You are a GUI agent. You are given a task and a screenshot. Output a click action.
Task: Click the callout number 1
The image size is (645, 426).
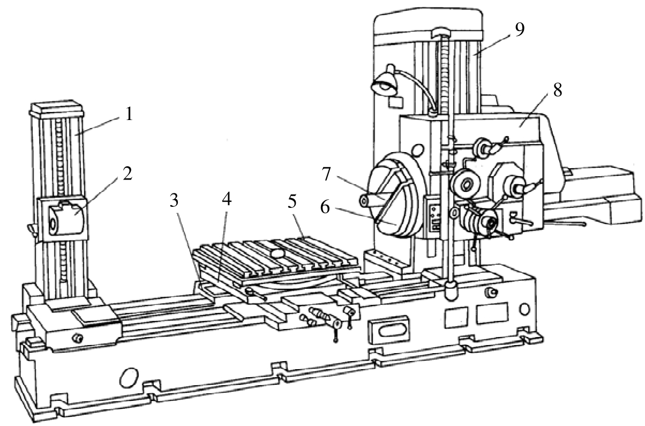click(129, 114)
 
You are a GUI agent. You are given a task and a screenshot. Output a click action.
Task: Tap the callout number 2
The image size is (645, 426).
click(127, 174)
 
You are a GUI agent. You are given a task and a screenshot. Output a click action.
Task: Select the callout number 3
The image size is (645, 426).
click(174, 200)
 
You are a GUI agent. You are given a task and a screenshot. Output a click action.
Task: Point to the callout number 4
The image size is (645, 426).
click(227, 199)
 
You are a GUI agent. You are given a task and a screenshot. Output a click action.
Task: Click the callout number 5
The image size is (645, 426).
click(292, 201)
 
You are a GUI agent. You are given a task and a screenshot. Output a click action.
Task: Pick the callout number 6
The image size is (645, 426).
click(325, 207)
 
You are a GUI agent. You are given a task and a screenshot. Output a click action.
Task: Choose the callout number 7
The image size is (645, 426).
click(326, 174)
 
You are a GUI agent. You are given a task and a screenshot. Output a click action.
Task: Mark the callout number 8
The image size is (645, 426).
click(558, 90)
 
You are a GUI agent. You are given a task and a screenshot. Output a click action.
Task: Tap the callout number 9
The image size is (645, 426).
click(520, 29)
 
